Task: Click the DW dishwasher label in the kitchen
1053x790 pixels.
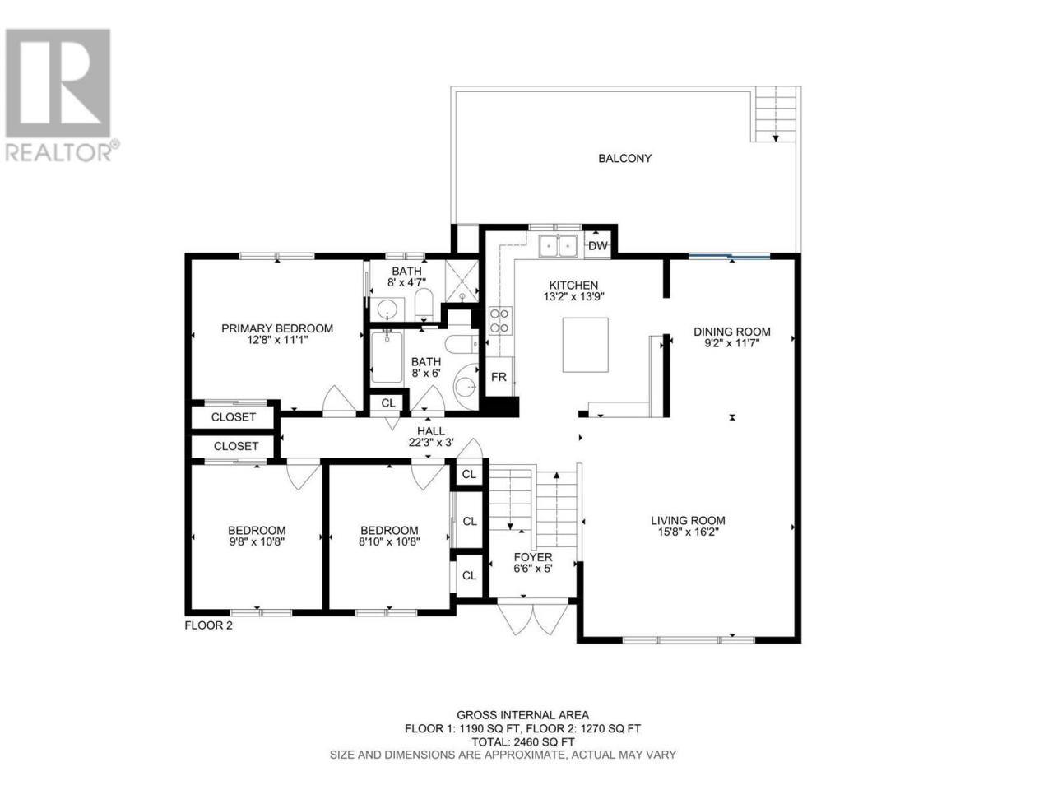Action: coord(598,246)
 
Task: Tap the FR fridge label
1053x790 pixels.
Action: coord(499,377)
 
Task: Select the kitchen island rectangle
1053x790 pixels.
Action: coord(585,345)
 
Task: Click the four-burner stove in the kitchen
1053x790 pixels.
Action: coord(499,321)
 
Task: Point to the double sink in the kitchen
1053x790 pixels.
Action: coord(558,248)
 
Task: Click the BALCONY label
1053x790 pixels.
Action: coord(624,158)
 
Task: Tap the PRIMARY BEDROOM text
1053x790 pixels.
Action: coord(277,328)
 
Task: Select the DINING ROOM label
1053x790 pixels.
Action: coord(732,332)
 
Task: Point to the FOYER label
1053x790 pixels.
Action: coord(533,557)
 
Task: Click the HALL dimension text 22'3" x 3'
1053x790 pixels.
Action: coord(431,442)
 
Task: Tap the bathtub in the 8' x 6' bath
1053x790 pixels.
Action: coord(387,357)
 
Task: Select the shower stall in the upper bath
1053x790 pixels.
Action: coord(462,281)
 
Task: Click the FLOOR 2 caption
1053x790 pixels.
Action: coord(209,625)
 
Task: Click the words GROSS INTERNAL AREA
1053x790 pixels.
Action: coord(523,715)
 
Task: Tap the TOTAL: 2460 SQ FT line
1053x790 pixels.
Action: coord(523,741)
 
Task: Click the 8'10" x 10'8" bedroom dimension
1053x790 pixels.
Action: coord(389,542)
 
